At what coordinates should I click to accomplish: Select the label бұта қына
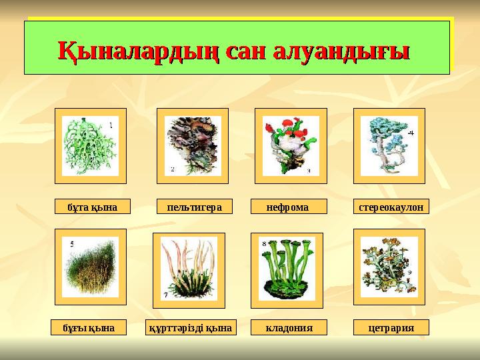pyautogui.click(x=92, y=207)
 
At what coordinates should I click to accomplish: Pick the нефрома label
pyautogui.click(x=288, y=207)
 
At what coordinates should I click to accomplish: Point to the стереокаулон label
pyautogui.click(x=391, y=207)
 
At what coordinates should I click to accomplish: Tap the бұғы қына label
pyautogui.click(x=89, y=327)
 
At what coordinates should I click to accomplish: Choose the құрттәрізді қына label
pyautogui.click(x=191, y=327)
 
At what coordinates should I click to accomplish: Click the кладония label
pyautogui.click(x=289, y=327)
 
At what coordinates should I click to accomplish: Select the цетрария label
pyautogui.click(x=391, y=327)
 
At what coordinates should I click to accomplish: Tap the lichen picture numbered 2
pyautogui.click(x=192, y=145)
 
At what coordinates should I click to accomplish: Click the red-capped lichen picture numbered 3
pyautogui.click(x=291, y=145)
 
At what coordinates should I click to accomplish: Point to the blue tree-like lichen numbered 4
pyautogui.click(x=388, y=145)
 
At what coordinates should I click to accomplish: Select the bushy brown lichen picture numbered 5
pyautogui.click(x=90, y=267)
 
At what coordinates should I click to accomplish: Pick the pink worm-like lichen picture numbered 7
pyautogui.click(x=189, y=270)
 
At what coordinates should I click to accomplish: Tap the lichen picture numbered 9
pyautogui.click(x=389, y=267)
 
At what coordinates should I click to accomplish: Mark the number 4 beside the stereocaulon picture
pyautogui.click(x=411, y=133)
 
